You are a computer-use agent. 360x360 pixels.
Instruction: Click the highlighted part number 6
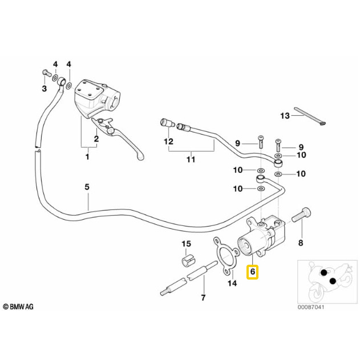click(252, 273)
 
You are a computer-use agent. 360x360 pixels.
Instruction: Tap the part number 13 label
click(285, 116)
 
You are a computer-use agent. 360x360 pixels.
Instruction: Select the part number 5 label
click(87, 187)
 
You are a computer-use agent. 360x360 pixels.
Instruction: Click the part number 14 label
click(232, 282)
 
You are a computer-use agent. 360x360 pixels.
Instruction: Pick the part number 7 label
click(202, 298)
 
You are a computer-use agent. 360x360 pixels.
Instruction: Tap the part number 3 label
click(44, 89)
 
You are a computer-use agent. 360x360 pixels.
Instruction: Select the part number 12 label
click(168, 140)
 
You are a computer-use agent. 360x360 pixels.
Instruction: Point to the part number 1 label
click(87, 156)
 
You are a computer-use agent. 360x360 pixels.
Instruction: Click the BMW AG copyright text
click(18, 307)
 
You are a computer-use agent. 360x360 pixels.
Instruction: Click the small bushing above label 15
click(186, 262)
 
